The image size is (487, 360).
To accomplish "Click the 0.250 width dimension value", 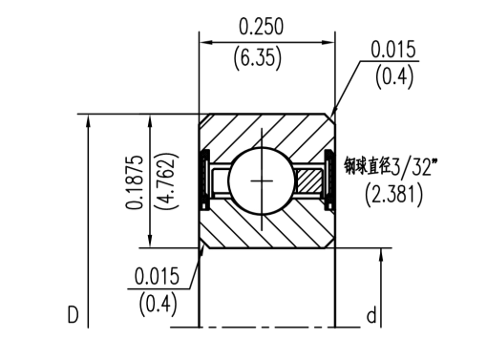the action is pyautogui.click(x=261, y=27).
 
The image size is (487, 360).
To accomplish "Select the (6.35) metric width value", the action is pyautogui.click(x=258, y=57).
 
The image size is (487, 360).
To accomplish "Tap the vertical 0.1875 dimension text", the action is pyautogui.click(x=134, y=182).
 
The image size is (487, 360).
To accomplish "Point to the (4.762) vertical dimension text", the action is pyautogui.click(x=166, y=181).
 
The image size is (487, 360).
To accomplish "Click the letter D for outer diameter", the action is pyautogui.click(x=73, y=315).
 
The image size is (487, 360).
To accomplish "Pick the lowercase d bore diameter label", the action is pyautogui.click(x=371, y=315).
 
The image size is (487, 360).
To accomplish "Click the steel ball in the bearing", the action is pyautogui.click(x=262, y=180).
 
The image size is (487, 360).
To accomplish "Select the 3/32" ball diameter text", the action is pyautogui.click(x=413, y=166).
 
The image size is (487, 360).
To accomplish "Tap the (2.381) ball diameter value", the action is pyautogui.click(x=394, y=194).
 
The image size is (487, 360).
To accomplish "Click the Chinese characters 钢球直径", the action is pyautogui.click(x=368, y=165).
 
